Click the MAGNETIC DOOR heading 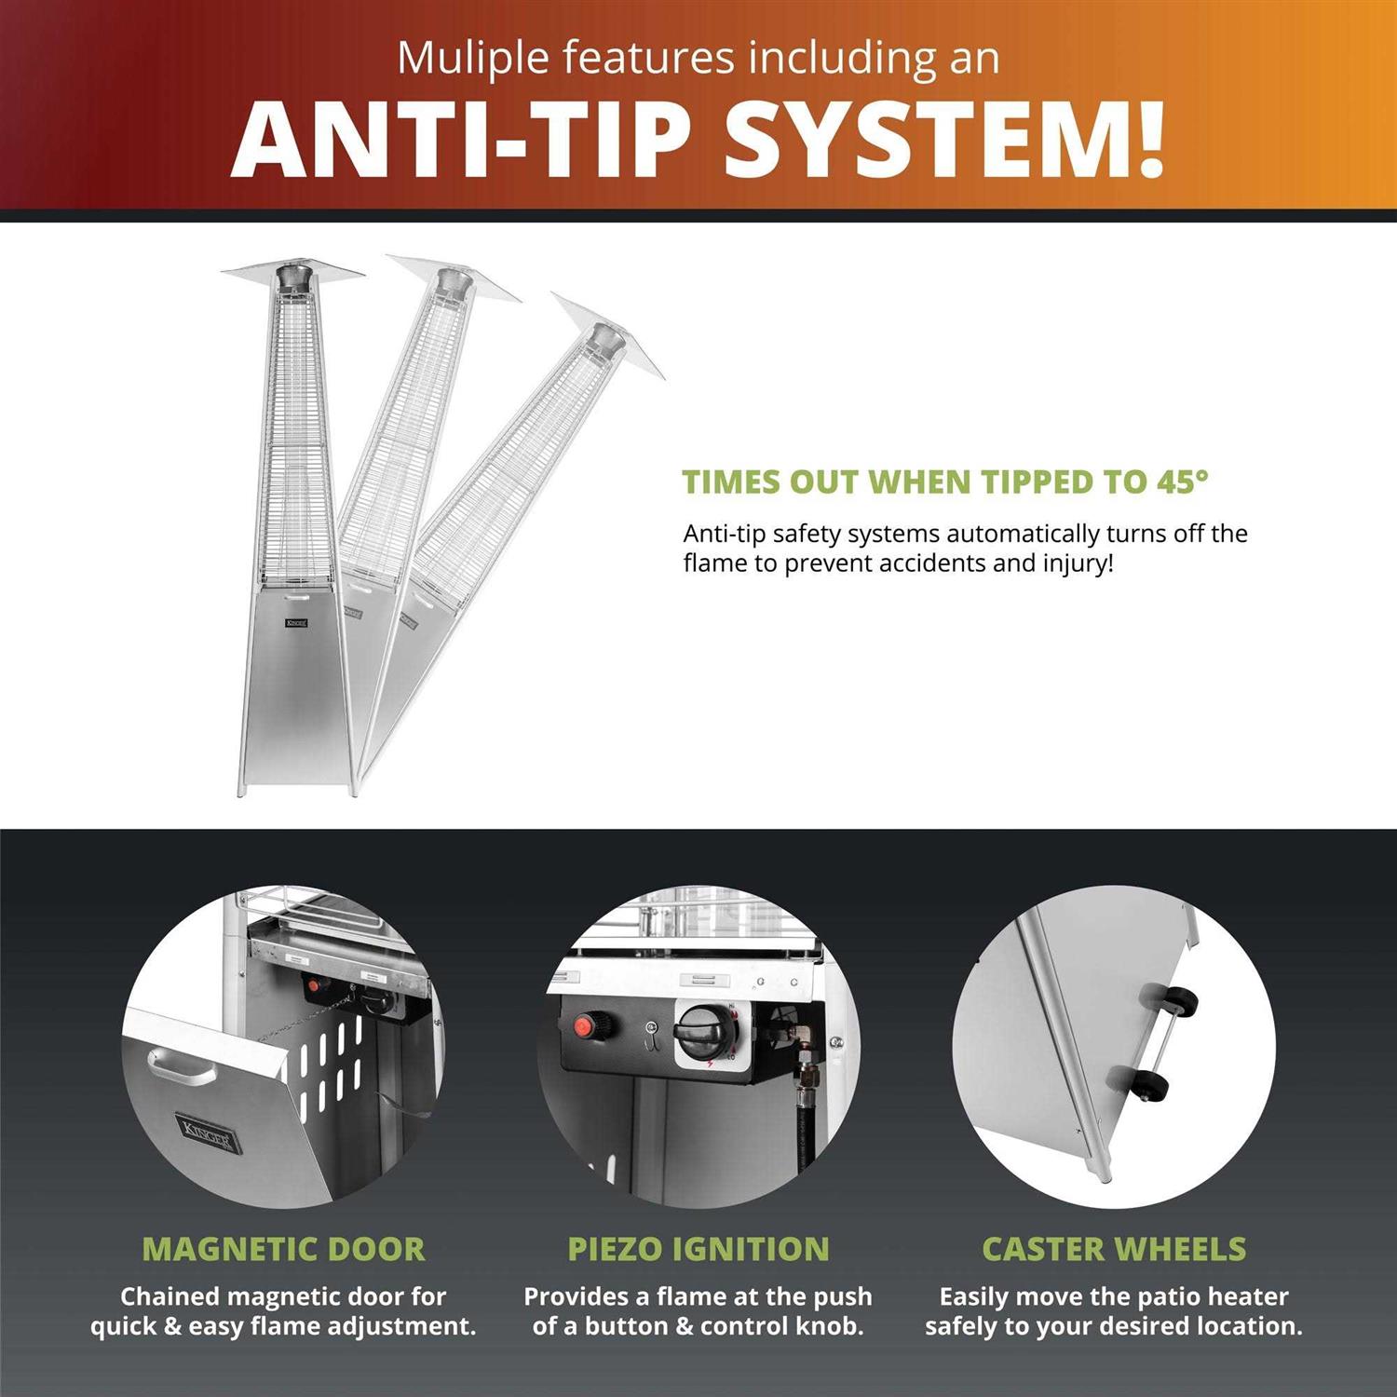click(x=283, y=1249)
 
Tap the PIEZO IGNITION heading click(x=698, y=1249)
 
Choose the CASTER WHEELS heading click(x=1114, y=1249)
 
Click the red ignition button click(x=585, y=1027)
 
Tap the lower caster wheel click(x=1151, y=1086)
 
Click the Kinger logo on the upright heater click(x=297, y=622)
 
